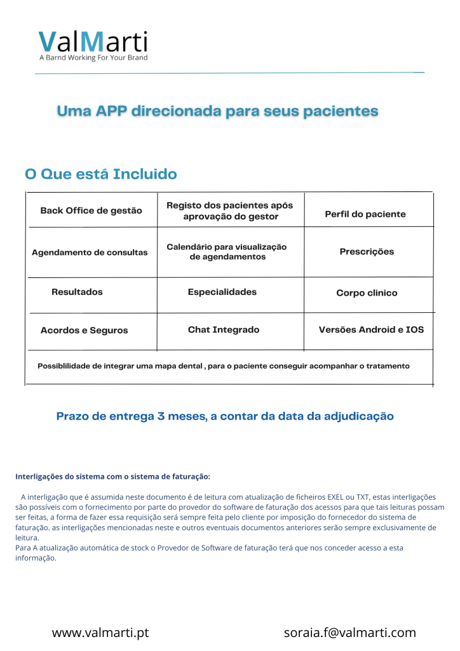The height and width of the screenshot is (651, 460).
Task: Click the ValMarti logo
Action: (x=93, y=41)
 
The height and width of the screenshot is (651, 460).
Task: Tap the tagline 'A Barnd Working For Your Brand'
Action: (x=93, y=58)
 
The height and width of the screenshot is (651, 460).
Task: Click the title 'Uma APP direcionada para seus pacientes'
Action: (x=217, y=111)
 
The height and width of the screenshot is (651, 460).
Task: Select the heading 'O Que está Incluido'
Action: (x=100, y=174)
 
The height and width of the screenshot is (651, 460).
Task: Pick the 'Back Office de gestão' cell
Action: (x=91, y=210)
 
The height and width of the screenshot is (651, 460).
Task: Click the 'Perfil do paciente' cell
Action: (x=365, y=214)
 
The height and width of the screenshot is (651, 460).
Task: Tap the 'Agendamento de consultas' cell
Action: (x=90, y=252)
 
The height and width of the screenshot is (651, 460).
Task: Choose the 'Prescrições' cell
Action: (x=367, y=252)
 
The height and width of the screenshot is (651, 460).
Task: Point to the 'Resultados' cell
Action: (x=77, y=292)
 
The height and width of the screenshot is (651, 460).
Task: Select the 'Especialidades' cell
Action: (x=222, y=292)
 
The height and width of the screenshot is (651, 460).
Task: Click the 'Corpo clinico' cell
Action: (x=367, y=293)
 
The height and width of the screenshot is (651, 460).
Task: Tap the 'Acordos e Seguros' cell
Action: (x=84, y=331)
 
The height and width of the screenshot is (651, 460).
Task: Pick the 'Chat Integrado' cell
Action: (x=224, y=330)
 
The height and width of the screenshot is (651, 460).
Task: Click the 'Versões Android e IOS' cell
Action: (x=371, y=330)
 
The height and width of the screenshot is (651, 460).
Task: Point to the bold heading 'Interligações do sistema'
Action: (x=112, y=476)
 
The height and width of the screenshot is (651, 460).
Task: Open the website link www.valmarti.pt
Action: (x=100, y=633)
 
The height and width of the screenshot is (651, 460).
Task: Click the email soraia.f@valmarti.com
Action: (x=349, y=633)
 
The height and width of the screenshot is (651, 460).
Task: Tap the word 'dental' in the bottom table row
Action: (x=189, y=366)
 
